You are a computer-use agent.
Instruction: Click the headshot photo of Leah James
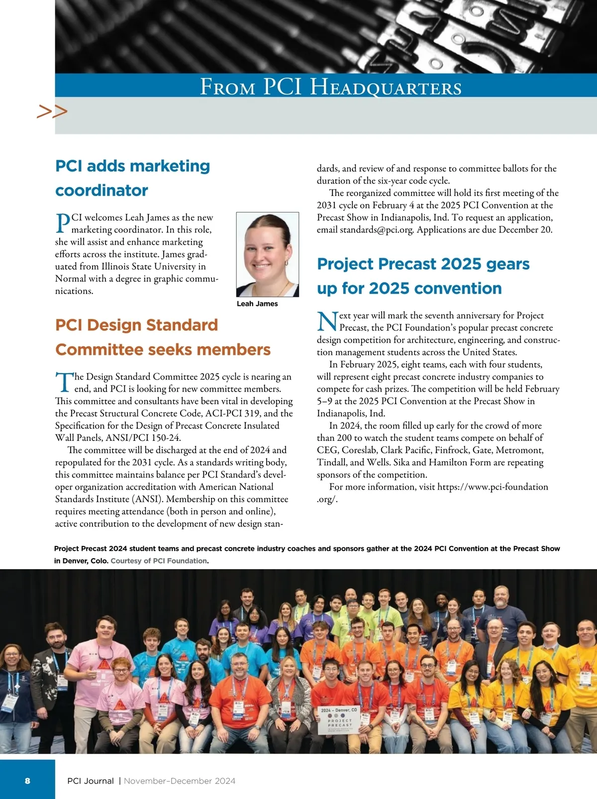pyautogui.click(x=268, y=254)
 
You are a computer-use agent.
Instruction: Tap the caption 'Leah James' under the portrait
pyautogui.click(x=257, y=304)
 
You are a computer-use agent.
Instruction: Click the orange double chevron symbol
pyautogui.click(x=52, y=112)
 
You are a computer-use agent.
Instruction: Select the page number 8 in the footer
pyautogui.click(x=27, y=781)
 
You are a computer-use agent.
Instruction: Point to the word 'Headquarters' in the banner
pyautogui.click(x=386, y=87)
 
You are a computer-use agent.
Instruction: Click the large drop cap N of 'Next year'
pyautogui.click(x=327, y=321)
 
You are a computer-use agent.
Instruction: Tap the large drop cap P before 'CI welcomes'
pyautogui.click(x=62, y=223)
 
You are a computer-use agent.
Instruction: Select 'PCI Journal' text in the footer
pyautogui.click(x=91, y=781)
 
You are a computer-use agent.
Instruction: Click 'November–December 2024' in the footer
pyautogui.click(x=180, y=781)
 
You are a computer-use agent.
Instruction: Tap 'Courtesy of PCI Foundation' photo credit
pyautogui.click(x=159, y=561)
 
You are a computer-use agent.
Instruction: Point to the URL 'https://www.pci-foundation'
pyautogui.click(x=493, y=487)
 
